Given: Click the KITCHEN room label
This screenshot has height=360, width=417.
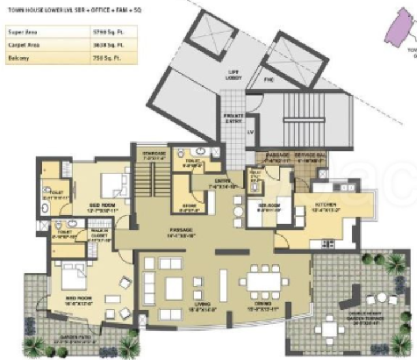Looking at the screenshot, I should pos(325,205).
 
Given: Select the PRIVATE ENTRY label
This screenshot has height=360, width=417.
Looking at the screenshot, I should pos(234,118).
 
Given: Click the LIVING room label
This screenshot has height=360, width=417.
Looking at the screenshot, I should pos(201,304).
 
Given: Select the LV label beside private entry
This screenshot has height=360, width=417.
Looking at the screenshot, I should pos(250,133).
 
